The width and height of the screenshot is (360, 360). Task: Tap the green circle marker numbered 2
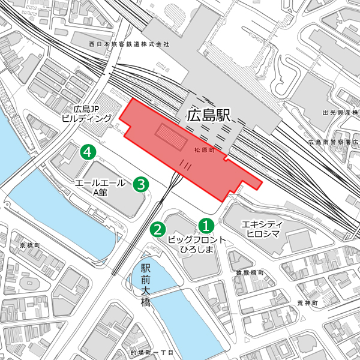click(157, 229)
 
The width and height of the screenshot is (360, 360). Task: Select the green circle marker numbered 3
click(140, 184)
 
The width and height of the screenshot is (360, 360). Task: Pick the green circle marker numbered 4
click(89, 152)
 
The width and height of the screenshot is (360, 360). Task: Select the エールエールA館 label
click(100, 187)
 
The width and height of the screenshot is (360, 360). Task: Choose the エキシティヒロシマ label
click(262, 229)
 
